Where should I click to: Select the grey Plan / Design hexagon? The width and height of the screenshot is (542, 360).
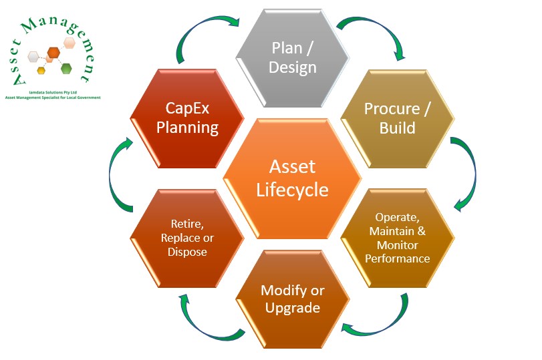click(294, 57)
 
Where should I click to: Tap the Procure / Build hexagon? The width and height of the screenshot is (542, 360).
click(397, 118)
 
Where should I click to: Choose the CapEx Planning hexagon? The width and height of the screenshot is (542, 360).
click(188, 118)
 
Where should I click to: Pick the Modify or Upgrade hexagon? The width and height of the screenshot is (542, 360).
click(293, 299)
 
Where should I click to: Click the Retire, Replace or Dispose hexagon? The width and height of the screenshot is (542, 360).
click(188, 238)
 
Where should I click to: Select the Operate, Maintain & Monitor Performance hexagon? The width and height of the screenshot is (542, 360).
click(398, 238)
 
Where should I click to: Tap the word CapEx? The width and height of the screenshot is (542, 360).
click(187, 108)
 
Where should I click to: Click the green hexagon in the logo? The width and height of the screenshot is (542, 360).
click(66, 68)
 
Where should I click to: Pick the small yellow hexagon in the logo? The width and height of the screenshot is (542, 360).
click(41, 70)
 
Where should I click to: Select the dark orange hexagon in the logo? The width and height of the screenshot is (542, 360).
click(53, 52)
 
